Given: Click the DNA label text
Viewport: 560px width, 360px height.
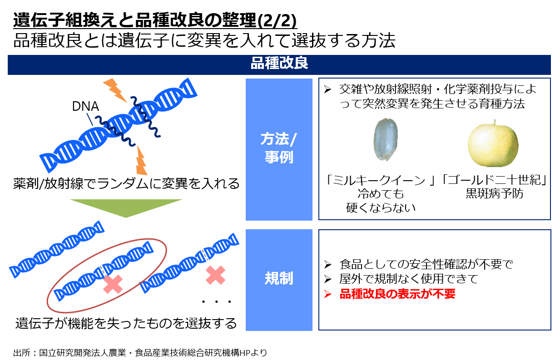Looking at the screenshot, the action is tap(85, 106).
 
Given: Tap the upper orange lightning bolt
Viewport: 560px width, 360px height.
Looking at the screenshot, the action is tap(115, 90).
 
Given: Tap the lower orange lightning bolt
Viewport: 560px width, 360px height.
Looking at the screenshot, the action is tap(141, 160).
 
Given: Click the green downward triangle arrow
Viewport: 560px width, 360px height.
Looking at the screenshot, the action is tap(126, 208).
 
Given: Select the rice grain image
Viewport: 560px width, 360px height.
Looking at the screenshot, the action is tap(386, 140).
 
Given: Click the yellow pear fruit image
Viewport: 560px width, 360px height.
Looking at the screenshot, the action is tap(493, 144).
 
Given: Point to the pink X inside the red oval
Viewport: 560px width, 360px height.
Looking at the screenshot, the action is tap(113, 284).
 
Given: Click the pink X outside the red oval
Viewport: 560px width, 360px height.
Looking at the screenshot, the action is tap(215, 275).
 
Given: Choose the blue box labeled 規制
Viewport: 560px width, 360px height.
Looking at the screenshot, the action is tap(279, 280).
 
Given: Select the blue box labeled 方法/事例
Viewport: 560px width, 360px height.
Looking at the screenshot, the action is tap(279, 149).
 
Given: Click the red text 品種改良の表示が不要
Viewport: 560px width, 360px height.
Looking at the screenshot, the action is tap(397, 294).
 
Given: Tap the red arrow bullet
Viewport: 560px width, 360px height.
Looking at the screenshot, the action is tap(327, 294).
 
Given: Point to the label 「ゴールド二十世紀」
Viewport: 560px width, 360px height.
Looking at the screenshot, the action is tap(494, 180).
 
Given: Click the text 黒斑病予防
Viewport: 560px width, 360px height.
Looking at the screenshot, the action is tap(494, 193).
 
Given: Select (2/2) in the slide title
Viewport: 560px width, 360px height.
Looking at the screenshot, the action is tap(277, 20).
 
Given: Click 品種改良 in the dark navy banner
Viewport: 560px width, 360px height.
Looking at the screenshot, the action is tap(279, 63).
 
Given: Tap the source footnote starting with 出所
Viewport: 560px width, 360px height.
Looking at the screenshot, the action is tap(140, 352).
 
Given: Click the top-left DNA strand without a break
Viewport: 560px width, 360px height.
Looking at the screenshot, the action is tap(57, 249).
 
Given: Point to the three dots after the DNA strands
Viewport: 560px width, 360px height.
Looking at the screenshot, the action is tap(217, 302).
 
